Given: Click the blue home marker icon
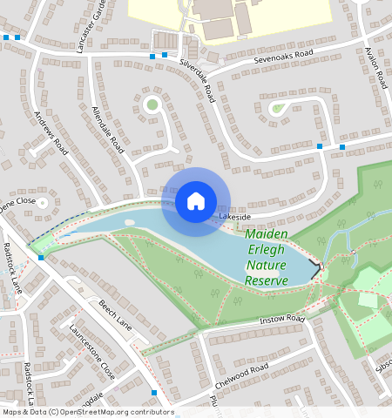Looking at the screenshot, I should [x=196, y=201].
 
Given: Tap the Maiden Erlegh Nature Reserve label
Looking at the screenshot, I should [x=266, y=258].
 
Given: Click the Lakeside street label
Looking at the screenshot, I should [x=234, y=216].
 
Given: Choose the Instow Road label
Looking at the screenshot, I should [x=282, y=320].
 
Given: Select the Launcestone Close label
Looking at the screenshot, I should [x=93, y=352].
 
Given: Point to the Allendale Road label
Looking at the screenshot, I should [x=108, y=130].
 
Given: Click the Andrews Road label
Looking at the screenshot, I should [x=51, y=133].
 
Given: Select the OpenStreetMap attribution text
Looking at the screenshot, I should [x=87, y=412].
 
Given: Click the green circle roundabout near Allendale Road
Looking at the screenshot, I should [x=152, y=105].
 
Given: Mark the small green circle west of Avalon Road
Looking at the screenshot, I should [x=277, y=109].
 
